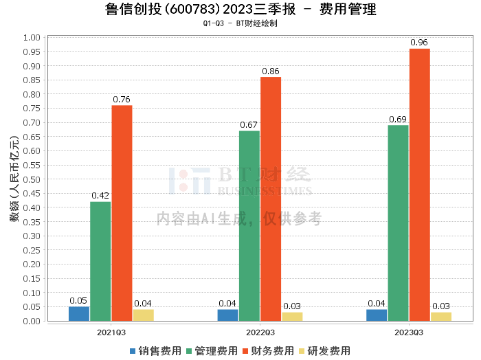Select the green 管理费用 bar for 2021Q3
pos(100,261)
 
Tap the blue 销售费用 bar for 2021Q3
pos(79,314)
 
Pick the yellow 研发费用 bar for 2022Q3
pos(292,317)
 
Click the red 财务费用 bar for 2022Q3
pos(271,199)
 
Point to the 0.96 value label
pos(419,43)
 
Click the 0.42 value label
pos(100,195)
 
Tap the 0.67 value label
pos(249,124)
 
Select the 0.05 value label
pos(78,300)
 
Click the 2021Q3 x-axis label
pos(111,332)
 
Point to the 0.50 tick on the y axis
pos(32,179)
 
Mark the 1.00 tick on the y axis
pos(32,37)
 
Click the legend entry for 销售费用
pos(155,350)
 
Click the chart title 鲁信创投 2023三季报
pos(240,10)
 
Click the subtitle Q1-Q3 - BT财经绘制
pos(240,23)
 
